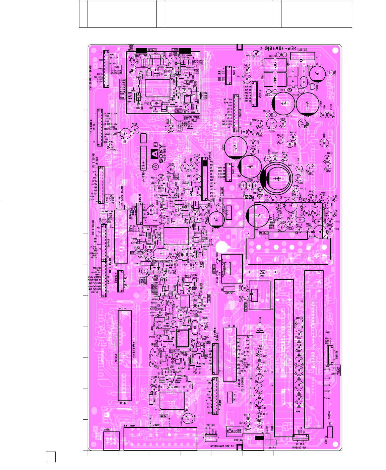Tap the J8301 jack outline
[x=112, y=441]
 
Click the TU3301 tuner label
[x=329, y=415]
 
